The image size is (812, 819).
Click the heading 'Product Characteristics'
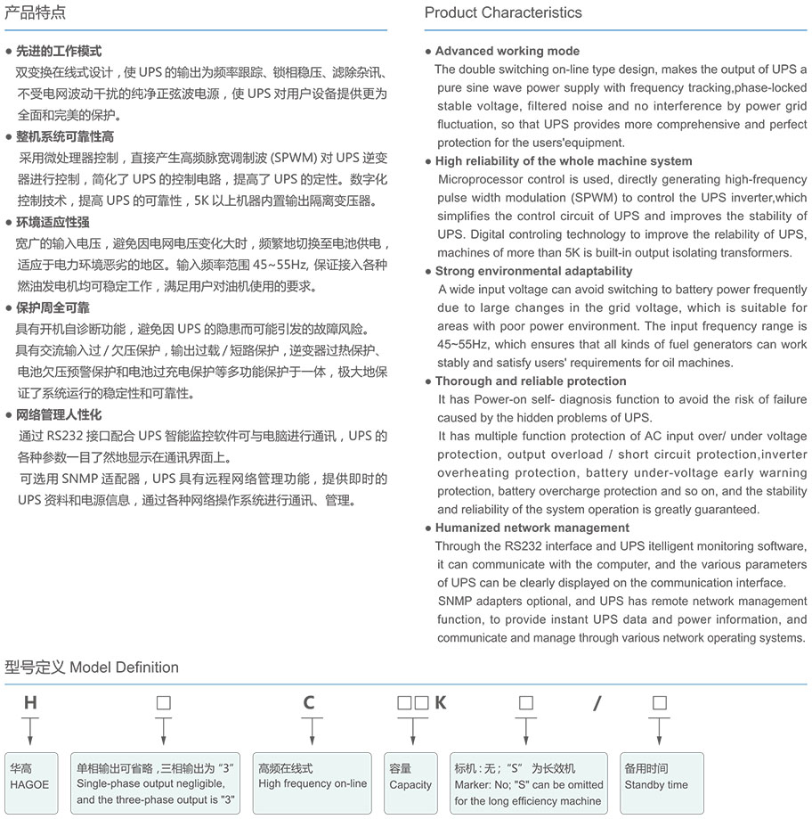[503, 12]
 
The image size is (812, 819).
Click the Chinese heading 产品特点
[35, 12]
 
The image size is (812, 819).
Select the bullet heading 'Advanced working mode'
[507, 51]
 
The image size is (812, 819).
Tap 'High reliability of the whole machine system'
[563, 161]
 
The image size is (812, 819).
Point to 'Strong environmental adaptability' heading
[533, 271]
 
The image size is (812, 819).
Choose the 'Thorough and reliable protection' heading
[531, 381]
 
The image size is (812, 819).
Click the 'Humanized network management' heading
[532, 528]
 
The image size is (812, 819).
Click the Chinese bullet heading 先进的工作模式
[59, 51]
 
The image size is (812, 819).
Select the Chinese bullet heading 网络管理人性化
[59, 414]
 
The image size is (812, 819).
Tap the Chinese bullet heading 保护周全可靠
[53, 307]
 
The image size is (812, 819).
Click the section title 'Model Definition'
[125, 667]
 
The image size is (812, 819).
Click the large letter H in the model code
[30, 703]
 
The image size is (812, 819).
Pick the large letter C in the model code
[309, 703]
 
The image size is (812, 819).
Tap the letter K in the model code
[440, 703]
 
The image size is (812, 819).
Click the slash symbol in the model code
[597, 703]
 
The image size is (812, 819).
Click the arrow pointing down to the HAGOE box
[30, 732]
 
